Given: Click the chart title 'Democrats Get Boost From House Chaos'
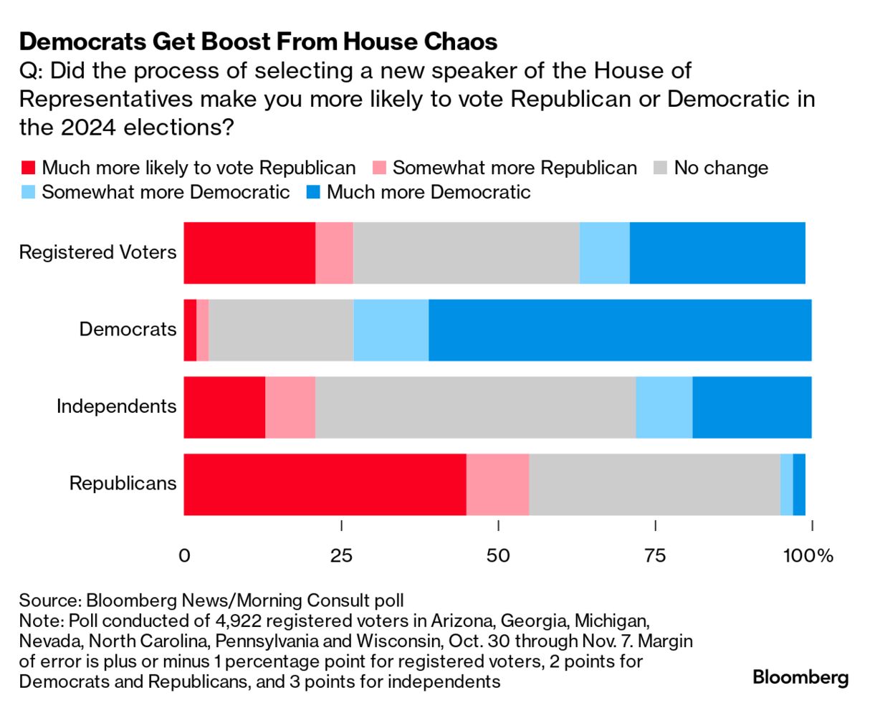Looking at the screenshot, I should tap(258, 42).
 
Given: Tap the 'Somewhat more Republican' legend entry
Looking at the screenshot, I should tap(505, 168).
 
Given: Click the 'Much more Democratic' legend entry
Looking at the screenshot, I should tap(419, 192).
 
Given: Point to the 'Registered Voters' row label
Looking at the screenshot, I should tap(97, 252).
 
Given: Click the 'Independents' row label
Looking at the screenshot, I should tap(116, 406).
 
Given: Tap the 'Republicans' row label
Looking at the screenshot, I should tap(123, 483).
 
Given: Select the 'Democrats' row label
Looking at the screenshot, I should tap(128, 330).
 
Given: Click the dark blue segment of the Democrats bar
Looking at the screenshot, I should tap(620, 330).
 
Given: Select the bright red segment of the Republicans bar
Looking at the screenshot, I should tap(325, 484).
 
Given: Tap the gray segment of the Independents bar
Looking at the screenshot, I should tap(475, 406).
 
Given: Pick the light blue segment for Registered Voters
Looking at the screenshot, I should tap(604, 252).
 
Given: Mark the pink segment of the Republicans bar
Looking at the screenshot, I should tap(497, 484).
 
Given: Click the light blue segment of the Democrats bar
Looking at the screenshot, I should tap(391, 330).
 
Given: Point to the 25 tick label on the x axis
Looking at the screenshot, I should tap(341, 556).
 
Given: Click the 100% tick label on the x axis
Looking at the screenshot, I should tap(811, 556).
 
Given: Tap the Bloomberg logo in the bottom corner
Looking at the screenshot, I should tap(800, 677).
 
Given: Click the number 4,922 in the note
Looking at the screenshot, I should tap(236, 619).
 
